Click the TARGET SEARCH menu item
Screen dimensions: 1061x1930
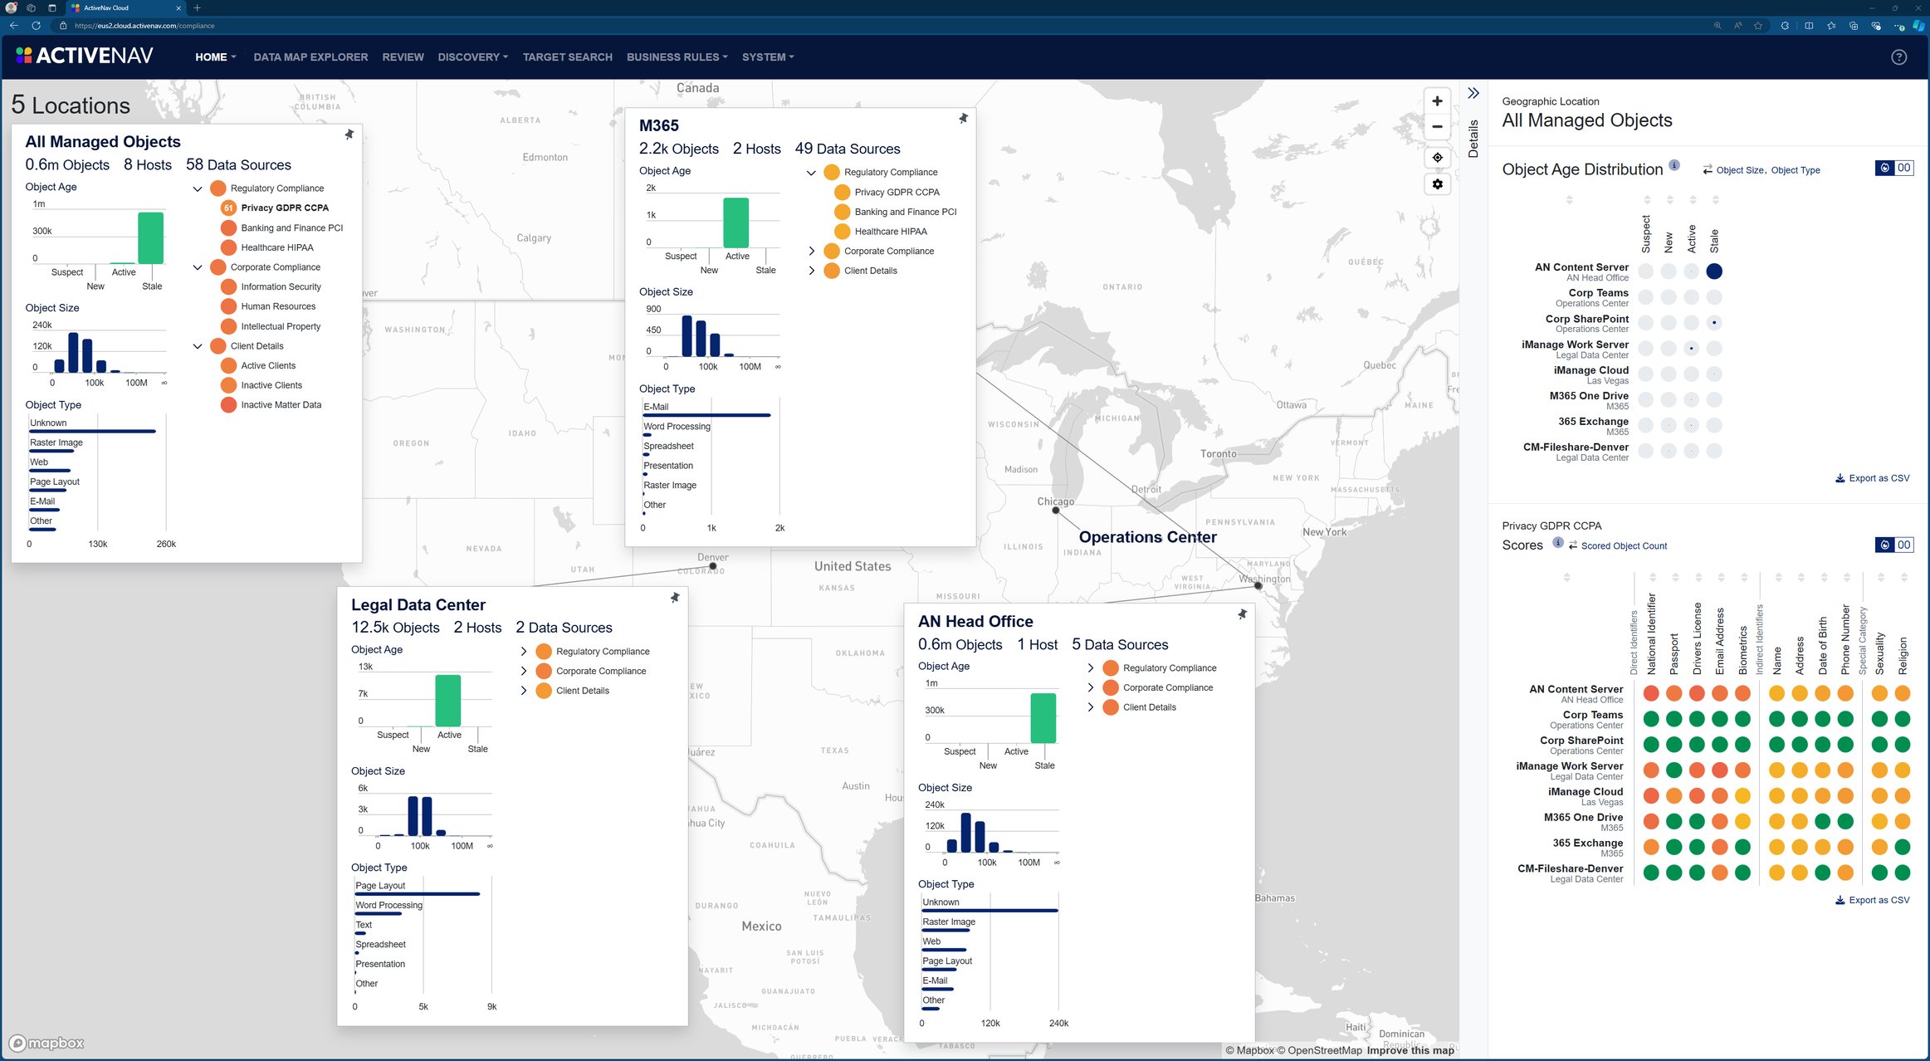click(567, 57)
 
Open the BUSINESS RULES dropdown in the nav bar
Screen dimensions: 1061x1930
click(677, 57)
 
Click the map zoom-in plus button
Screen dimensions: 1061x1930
click(1437, 101)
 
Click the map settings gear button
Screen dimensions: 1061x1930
click(1437, 184)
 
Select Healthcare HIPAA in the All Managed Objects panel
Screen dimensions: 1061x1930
click(276, 247)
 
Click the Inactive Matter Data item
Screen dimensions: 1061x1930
click(281, 405)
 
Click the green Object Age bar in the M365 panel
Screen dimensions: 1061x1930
click(735, 222)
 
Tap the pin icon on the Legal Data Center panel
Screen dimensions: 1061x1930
click(675, 598)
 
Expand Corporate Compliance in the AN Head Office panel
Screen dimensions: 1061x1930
click(1091, 687)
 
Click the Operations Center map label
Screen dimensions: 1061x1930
click(1147, 537)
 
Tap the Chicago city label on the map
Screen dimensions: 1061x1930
click(1055, 501)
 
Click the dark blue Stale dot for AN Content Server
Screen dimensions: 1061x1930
click(1714, 271)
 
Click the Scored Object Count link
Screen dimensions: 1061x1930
click(1623, 546)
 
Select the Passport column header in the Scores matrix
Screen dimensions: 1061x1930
click(1674, 653)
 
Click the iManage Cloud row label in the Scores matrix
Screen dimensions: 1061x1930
click(1585, 792)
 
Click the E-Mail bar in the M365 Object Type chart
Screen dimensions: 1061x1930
click(706, 414)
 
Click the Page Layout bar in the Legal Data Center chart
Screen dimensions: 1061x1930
click(418, 893)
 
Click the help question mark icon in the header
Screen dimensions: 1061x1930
click(1898, 57)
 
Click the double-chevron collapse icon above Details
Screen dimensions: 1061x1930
click(1473, 93)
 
